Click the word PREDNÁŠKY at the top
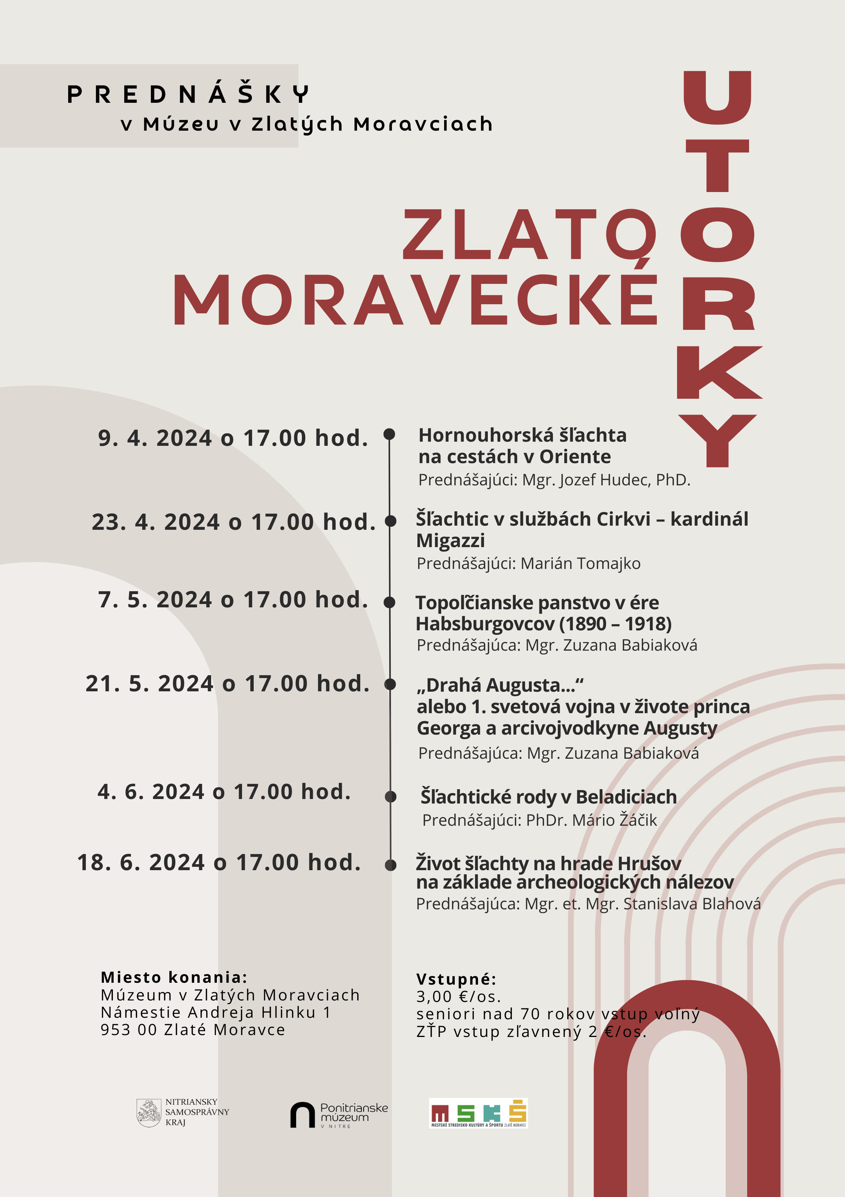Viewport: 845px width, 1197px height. tap(188, 95)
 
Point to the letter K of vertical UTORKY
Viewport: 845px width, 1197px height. tap(718, 373)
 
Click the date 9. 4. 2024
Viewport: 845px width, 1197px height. tap(155, 438)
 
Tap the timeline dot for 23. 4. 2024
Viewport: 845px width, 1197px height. tap(390, 521)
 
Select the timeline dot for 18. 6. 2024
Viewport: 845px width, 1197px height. tap(390, 865)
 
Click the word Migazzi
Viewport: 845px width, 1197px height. tap(451, 541)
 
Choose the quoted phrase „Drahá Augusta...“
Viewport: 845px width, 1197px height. tap(500, 685)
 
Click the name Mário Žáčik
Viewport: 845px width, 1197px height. tap(615, 820)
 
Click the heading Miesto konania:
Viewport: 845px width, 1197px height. tap(174, 977)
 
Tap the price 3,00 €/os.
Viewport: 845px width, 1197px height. tap(458, 996)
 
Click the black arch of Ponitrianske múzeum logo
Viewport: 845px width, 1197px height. tap(302, 1115)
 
